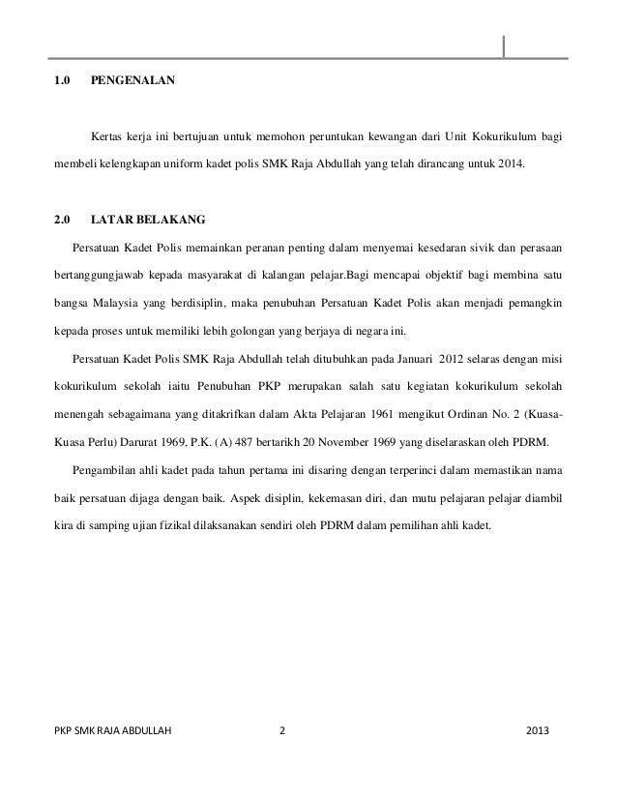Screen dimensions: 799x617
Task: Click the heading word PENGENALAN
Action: pos(132,82)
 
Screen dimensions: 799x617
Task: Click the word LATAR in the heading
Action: pos(112,218)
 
